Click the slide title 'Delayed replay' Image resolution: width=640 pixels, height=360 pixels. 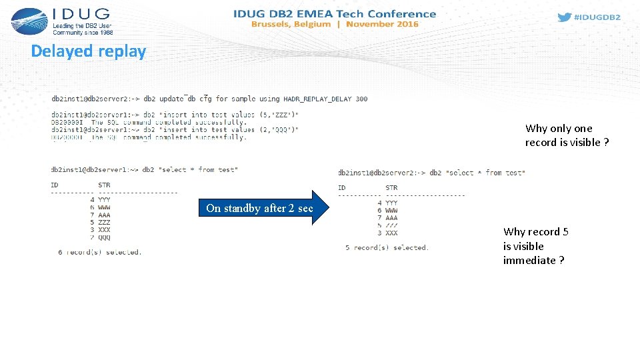[x=88, y=51]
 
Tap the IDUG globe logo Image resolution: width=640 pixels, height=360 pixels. [x=29, y=21]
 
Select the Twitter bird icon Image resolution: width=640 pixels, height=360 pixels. [x=564, y=17]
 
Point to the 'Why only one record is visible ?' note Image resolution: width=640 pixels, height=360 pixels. [x=566, y=135]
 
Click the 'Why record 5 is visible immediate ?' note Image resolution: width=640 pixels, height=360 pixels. [x=535, y=246]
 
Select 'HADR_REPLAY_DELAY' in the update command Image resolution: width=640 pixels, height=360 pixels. [x=317, y=99]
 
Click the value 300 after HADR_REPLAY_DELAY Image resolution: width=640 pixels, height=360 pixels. [x=361, y=99]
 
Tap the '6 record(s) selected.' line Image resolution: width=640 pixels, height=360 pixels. [x=99, y=252]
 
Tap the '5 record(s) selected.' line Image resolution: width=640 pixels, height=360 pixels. [x=387, y=247]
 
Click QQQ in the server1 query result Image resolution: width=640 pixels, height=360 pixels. [x=104, y=237]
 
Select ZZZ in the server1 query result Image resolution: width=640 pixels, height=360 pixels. [x=104, y=222]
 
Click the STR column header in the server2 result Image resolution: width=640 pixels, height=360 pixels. [x=391, y=187]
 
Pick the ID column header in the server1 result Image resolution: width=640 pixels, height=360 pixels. [x=54, y=185]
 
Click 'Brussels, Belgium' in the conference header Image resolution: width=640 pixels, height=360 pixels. [x=291, y=24]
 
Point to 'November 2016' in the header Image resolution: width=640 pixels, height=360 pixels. [x=382, y=24]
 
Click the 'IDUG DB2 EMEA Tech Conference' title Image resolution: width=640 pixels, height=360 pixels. [x=335, y=13]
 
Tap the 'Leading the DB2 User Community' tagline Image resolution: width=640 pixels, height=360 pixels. [x=83, y=29]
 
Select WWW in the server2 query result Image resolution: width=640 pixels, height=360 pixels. [x=391, y=210]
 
